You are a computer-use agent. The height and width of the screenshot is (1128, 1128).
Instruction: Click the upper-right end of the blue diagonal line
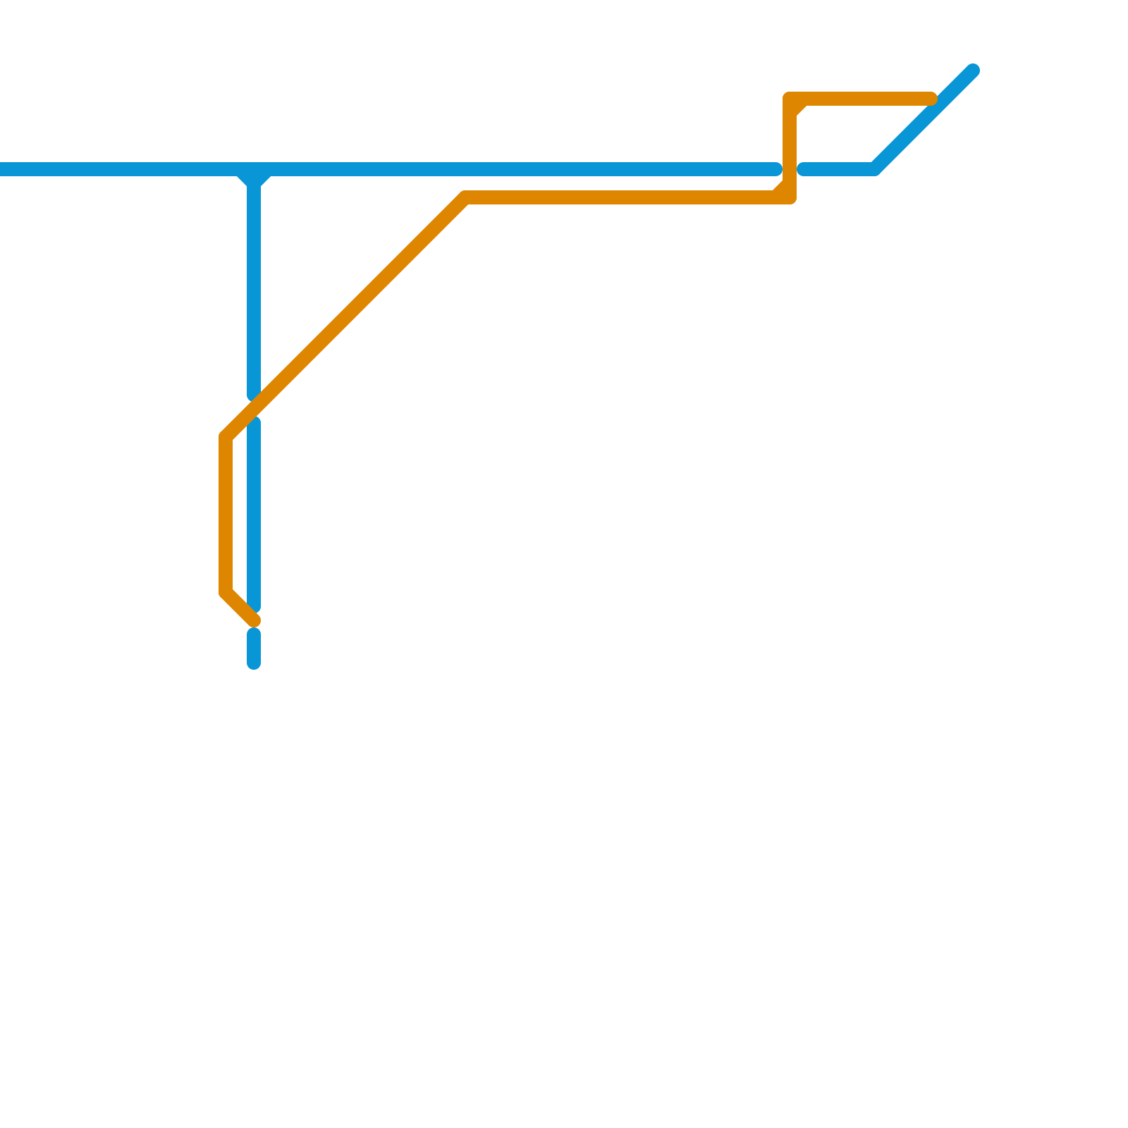tap(973, 70)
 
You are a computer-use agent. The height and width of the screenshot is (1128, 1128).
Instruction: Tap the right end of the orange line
tap(931, 99)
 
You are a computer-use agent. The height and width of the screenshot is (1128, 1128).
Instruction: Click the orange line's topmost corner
tap(790, 99)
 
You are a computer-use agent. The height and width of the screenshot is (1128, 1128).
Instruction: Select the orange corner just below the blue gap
tap(790, 197)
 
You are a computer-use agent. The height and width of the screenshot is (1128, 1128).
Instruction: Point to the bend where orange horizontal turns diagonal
tap(466, 197)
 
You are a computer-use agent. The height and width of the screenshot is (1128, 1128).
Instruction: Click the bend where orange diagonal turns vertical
tap(226, 437)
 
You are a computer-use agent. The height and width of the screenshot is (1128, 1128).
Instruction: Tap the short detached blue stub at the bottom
tap(254, 649)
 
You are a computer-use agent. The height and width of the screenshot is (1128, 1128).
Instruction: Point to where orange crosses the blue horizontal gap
tap(790, 169)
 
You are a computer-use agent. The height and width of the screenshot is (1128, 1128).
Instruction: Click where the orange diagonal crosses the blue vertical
tap(254, 409)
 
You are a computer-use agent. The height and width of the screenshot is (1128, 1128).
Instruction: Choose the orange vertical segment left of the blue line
tap(226, 515)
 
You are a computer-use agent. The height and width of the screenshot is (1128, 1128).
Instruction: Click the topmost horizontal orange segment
tap(860, 99)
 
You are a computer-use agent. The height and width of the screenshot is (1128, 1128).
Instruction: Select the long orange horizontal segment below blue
tap(620, 197)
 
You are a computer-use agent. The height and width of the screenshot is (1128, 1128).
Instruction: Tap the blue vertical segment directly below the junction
tap(254, 282)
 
